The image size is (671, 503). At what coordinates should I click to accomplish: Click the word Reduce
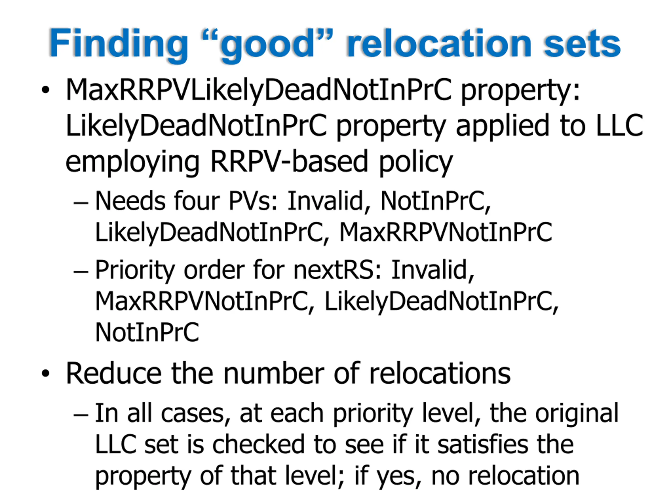pyautogui.click(x=114, y=373)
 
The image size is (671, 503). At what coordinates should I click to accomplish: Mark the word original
pyautogui.click(x=576, y=413)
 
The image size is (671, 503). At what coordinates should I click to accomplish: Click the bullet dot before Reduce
pyautogui.click(x=46, y=374)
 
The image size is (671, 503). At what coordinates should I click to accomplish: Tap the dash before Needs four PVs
pyautogui.click(x=81, y=202)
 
